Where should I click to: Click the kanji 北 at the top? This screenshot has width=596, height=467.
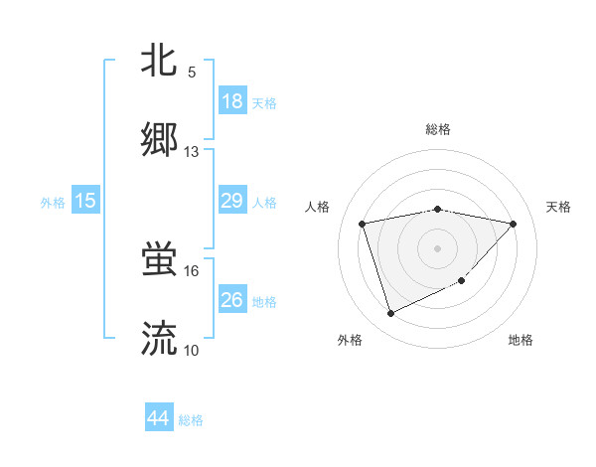coord(160,61)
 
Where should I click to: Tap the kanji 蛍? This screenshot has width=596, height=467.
coord(160,259)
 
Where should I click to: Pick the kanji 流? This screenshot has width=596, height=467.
coord(160,339)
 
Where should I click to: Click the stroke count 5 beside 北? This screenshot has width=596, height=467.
coord(192,73)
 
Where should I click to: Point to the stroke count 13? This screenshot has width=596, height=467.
coord(192,152)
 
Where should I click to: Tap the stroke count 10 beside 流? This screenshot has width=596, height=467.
coord(192,351)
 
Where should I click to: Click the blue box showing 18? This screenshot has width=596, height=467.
coord(231,101)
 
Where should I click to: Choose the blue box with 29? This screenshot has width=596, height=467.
coord(231,201)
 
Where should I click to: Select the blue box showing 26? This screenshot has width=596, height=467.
coord(231,300)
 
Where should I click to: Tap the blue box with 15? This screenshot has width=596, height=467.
coord(85,201)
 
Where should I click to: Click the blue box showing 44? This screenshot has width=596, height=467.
coord(159,418)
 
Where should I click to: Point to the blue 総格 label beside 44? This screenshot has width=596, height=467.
coord(191,420)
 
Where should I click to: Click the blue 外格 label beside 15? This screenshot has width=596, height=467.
coord(53,203)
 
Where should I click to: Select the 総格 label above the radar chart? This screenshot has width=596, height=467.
coord(438,129)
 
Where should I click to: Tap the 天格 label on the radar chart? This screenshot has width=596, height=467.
coord(559,207)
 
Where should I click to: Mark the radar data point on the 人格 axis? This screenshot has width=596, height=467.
coord(363,223)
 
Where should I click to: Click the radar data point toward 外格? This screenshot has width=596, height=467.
coord(390,313)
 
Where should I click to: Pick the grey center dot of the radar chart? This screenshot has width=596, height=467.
coord(438,247)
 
